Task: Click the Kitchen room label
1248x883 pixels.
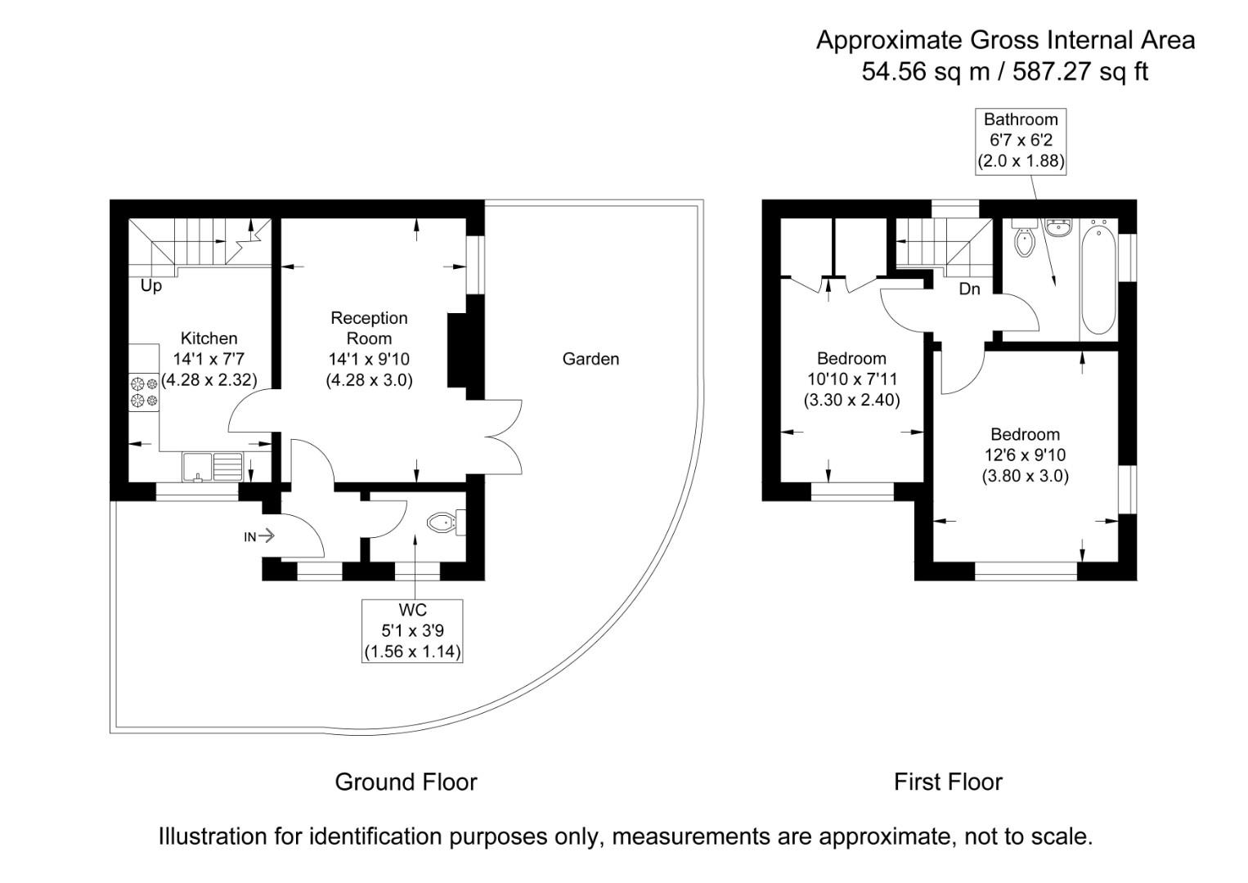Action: point(209,338)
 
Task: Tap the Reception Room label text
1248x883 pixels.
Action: point(369,328)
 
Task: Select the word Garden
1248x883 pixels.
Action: point(590,359)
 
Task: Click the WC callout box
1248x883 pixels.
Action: point(413,631)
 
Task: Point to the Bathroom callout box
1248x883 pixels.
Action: point(1021,141)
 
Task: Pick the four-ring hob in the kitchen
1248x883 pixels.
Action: point(144,392)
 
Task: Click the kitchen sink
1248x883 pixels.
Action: point(213,466)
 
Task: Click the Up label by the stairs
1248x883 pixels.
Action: point(151,286)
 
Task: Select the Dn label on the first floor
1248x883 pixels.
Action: point(969,289)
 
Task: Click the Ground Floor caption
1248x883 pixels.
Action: point(406,782)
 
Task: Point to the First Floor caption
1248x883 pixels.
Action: point(948,782)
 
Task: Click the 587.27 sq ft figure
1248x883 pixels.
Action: point(1080,72)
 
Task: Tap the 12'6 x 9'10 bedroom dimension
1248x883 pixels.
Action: point(1025,455)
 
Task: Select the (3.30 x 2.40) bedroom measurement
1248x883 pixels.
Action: point(851,401)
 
